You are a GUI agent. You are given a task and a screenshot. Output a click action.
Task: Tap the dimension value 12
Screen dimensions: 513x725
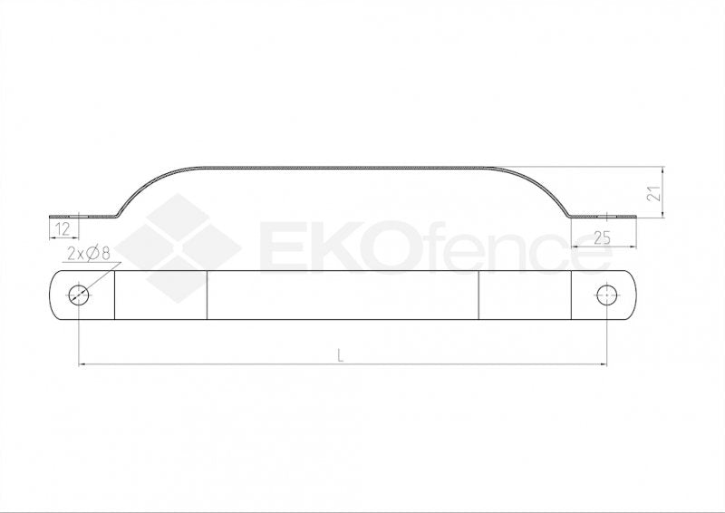click(63, 228)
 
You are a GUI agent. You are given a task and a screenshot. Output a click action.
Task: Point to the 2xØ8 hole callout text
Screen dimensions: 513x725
click(88, 255)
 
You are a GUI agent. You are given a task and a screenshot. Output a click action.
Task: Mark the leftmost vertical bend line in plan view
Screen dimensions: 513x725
click(115, 295)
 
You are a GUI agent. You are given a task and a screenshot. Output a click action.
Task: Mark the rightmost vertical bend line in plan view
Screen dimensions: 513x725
click(571, 295)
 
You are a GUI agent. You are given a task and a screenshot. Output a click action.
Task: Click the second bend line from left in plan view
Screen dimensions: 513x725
click(208, 295)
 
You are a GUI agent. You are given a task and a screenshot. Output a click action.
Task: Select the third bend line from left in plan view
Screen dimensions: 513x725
click(478, 295)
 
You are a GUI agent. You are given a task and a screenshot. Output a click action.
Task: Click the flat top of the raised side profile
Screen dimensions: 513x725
click(344, 168)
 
